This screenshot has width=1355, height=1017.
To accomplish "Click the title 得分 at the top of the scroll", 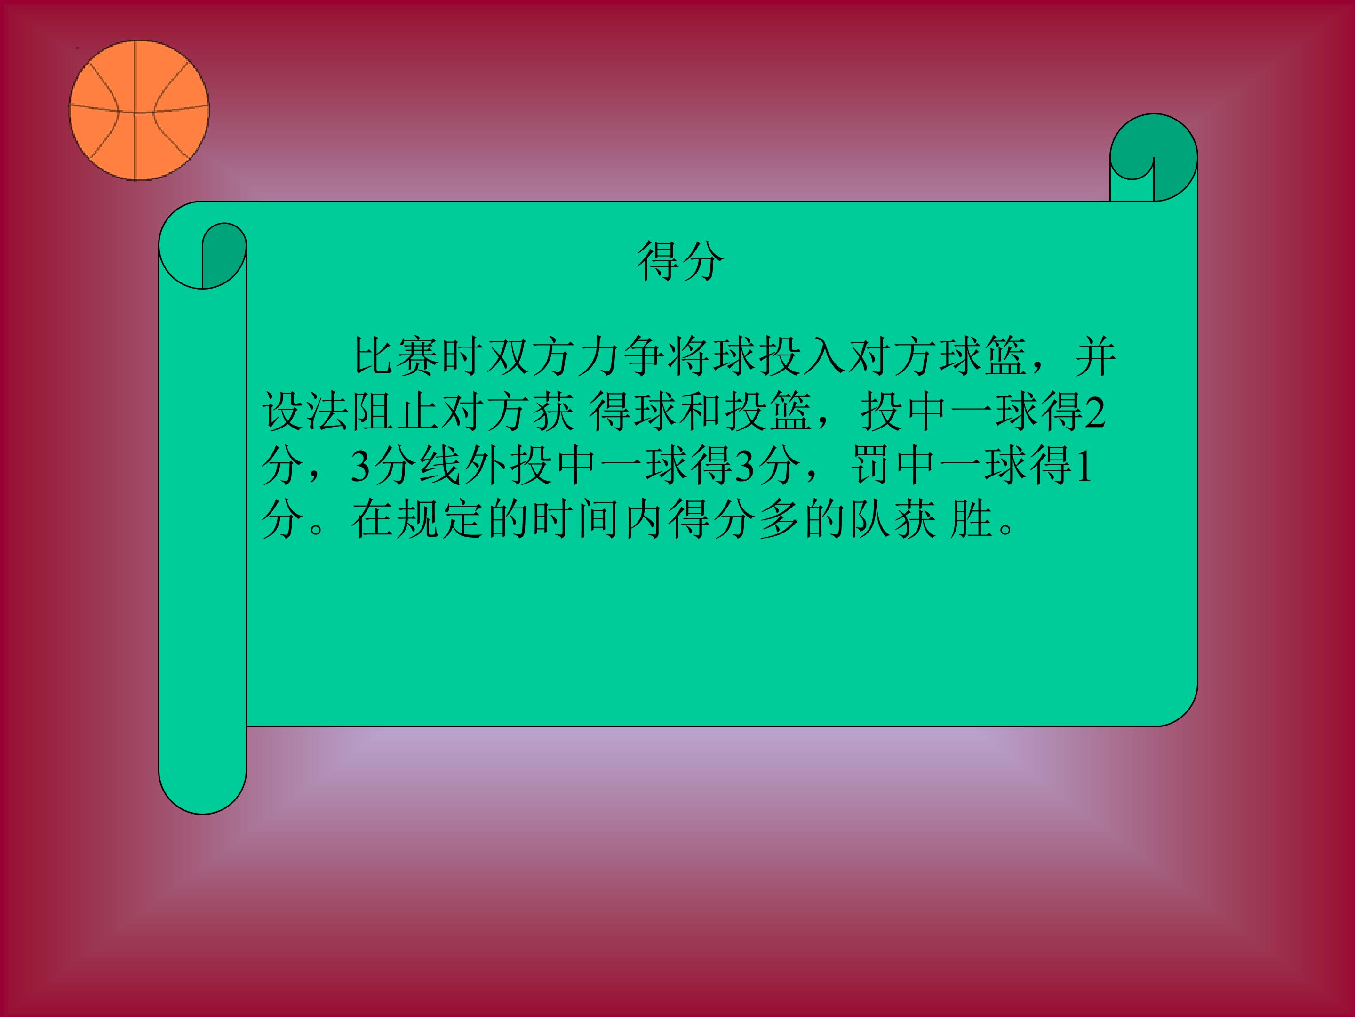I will coord(680,260).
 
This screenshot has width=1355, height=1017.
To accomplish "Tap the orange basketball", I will coord(139,110).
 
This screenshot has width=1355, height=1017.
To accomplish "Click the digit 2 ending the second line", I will coord(1095,412).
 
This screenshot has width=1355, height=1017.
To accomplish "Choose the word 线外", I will coord(463,466).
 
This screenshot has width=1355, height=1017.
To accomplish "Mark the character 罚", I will coord(872,466).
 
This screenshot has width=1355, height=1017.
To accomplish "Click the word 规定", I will coord(441,520).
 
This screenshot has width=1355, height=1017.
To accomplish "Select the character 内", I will coord(645,520).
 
